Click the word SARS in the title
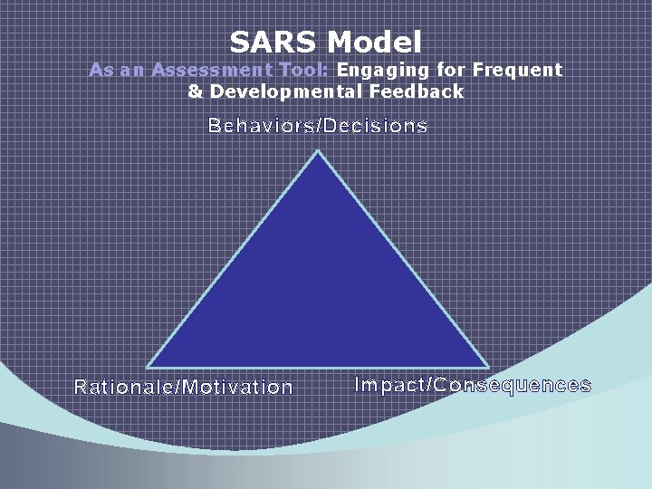[x=273, y=42]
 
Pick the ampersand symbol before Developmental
[x=195, y=91]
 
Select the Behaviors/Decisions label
[x=318, y=126]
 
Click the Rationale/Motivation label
[x=184, y=388]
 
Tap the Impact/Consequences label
[x=473, y=385]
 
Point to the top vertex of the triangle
[x=318, y=152]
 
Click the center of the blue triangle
[x=318, y=294]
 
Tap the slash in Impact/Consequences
[x=428, y=385]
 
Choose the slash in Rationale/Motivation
[x=179, y=388]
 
